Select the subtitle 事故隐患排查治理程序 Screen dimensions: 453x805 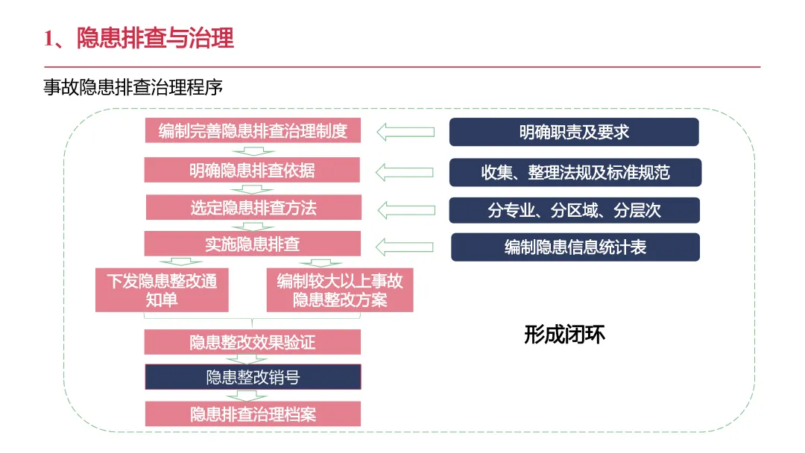[x=133, y=87]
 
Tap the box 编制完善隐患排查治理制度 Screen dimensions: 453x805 [x=253, y=131]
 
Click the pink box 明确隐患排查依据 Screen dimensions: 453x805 [x=253, y=170]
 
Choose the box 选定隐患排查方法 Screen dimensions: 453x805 [x=253, y=208]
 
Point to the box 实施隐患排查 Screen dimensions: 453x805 [x=253, y=244]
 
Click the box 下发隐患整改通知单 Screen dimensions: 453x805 [x=162, y=291]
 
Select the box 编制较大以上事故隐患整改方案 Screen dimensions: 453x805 [x=340, y=291]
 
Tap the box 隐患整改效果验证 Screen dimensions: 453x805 [x=253, y=343]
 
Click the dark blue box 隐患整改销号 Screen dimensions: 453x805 [x=253, y=377]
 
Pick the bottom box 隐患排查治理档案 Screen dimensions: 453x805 [x=253, y=414]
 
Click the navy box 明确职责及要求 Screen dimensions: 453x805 [x=574, y=132]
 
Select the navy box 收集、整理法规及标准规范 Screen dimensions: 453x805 [x=575, y=172]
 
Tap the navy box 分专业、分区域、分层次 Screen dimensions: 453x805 [x=574, y=210]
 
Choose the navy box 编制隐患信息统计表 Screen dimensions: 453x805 [x=575, y=247]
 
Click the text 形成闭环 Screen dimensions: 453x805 [x=564, y=335]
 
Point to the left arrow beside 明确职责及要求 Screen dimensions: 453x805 [x=405, y=132]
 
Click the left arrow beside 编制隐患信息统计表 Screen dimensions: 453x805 [x=405, y=247]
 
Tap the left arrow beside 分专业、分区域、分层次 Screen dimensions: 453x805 [x=405, y=209]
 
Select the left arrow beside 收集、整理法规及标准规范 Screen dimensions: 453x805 [x=405, y=171]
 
